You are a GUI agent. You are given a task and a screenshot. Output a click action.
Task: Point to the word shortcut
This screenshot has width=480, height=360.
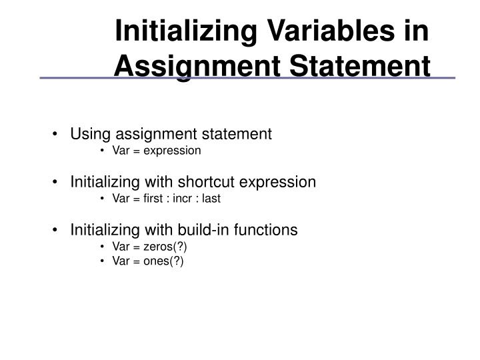point(218,182)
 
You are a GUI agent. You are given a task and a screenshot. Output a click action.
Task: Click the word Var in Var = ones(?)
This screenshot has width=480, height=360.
point(121,261)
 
